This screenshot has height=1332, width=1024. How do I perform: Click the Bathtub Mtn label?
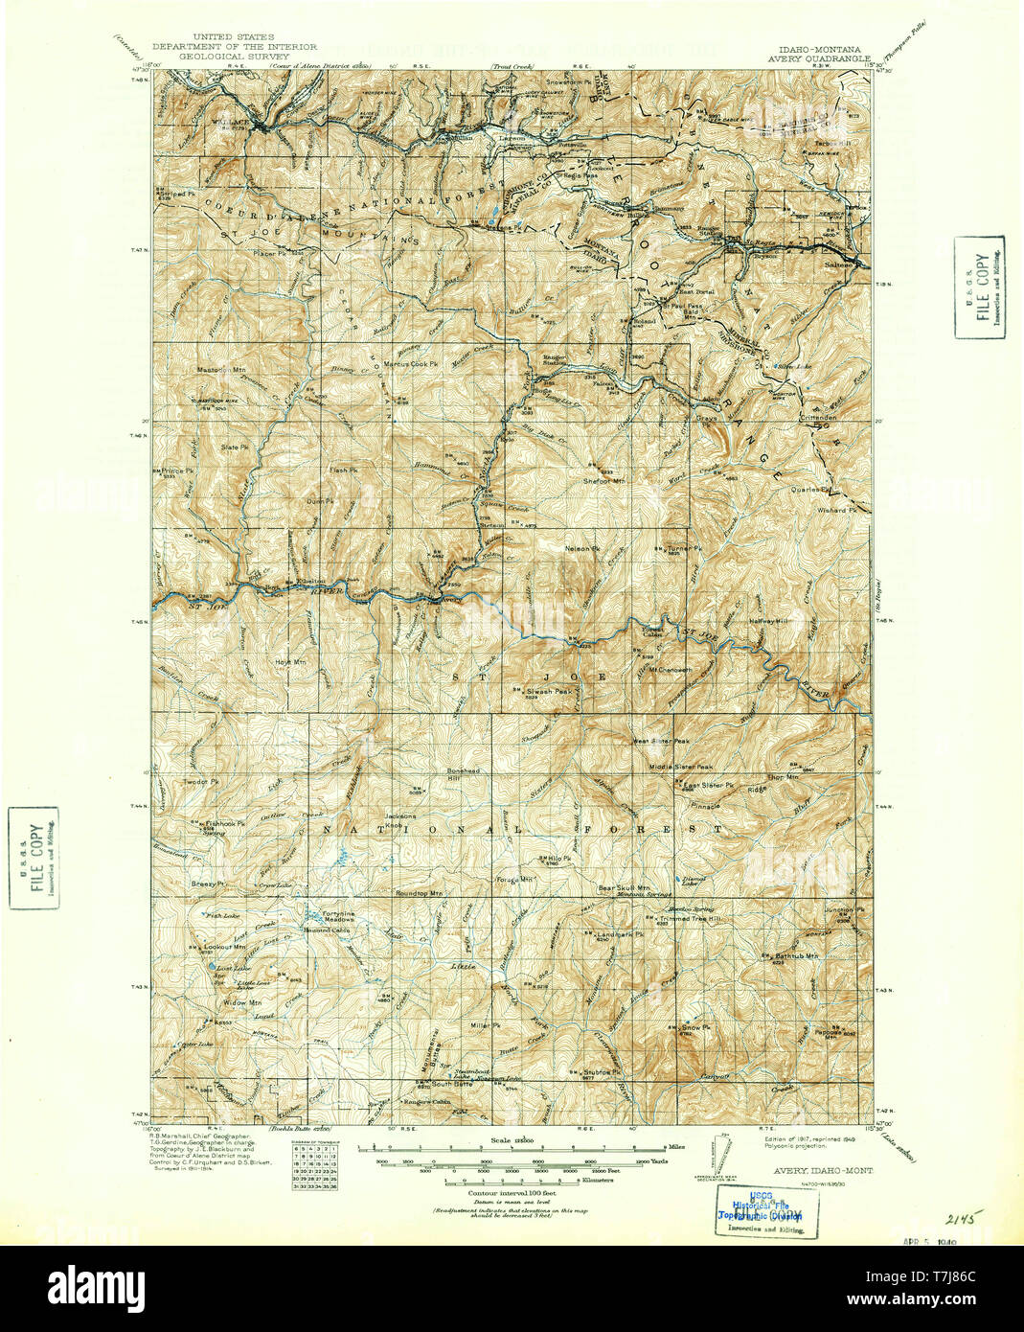click(x=796, y=955)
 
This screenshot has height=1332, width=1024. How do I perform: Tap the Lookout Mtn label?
click(x=226, y=947)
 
